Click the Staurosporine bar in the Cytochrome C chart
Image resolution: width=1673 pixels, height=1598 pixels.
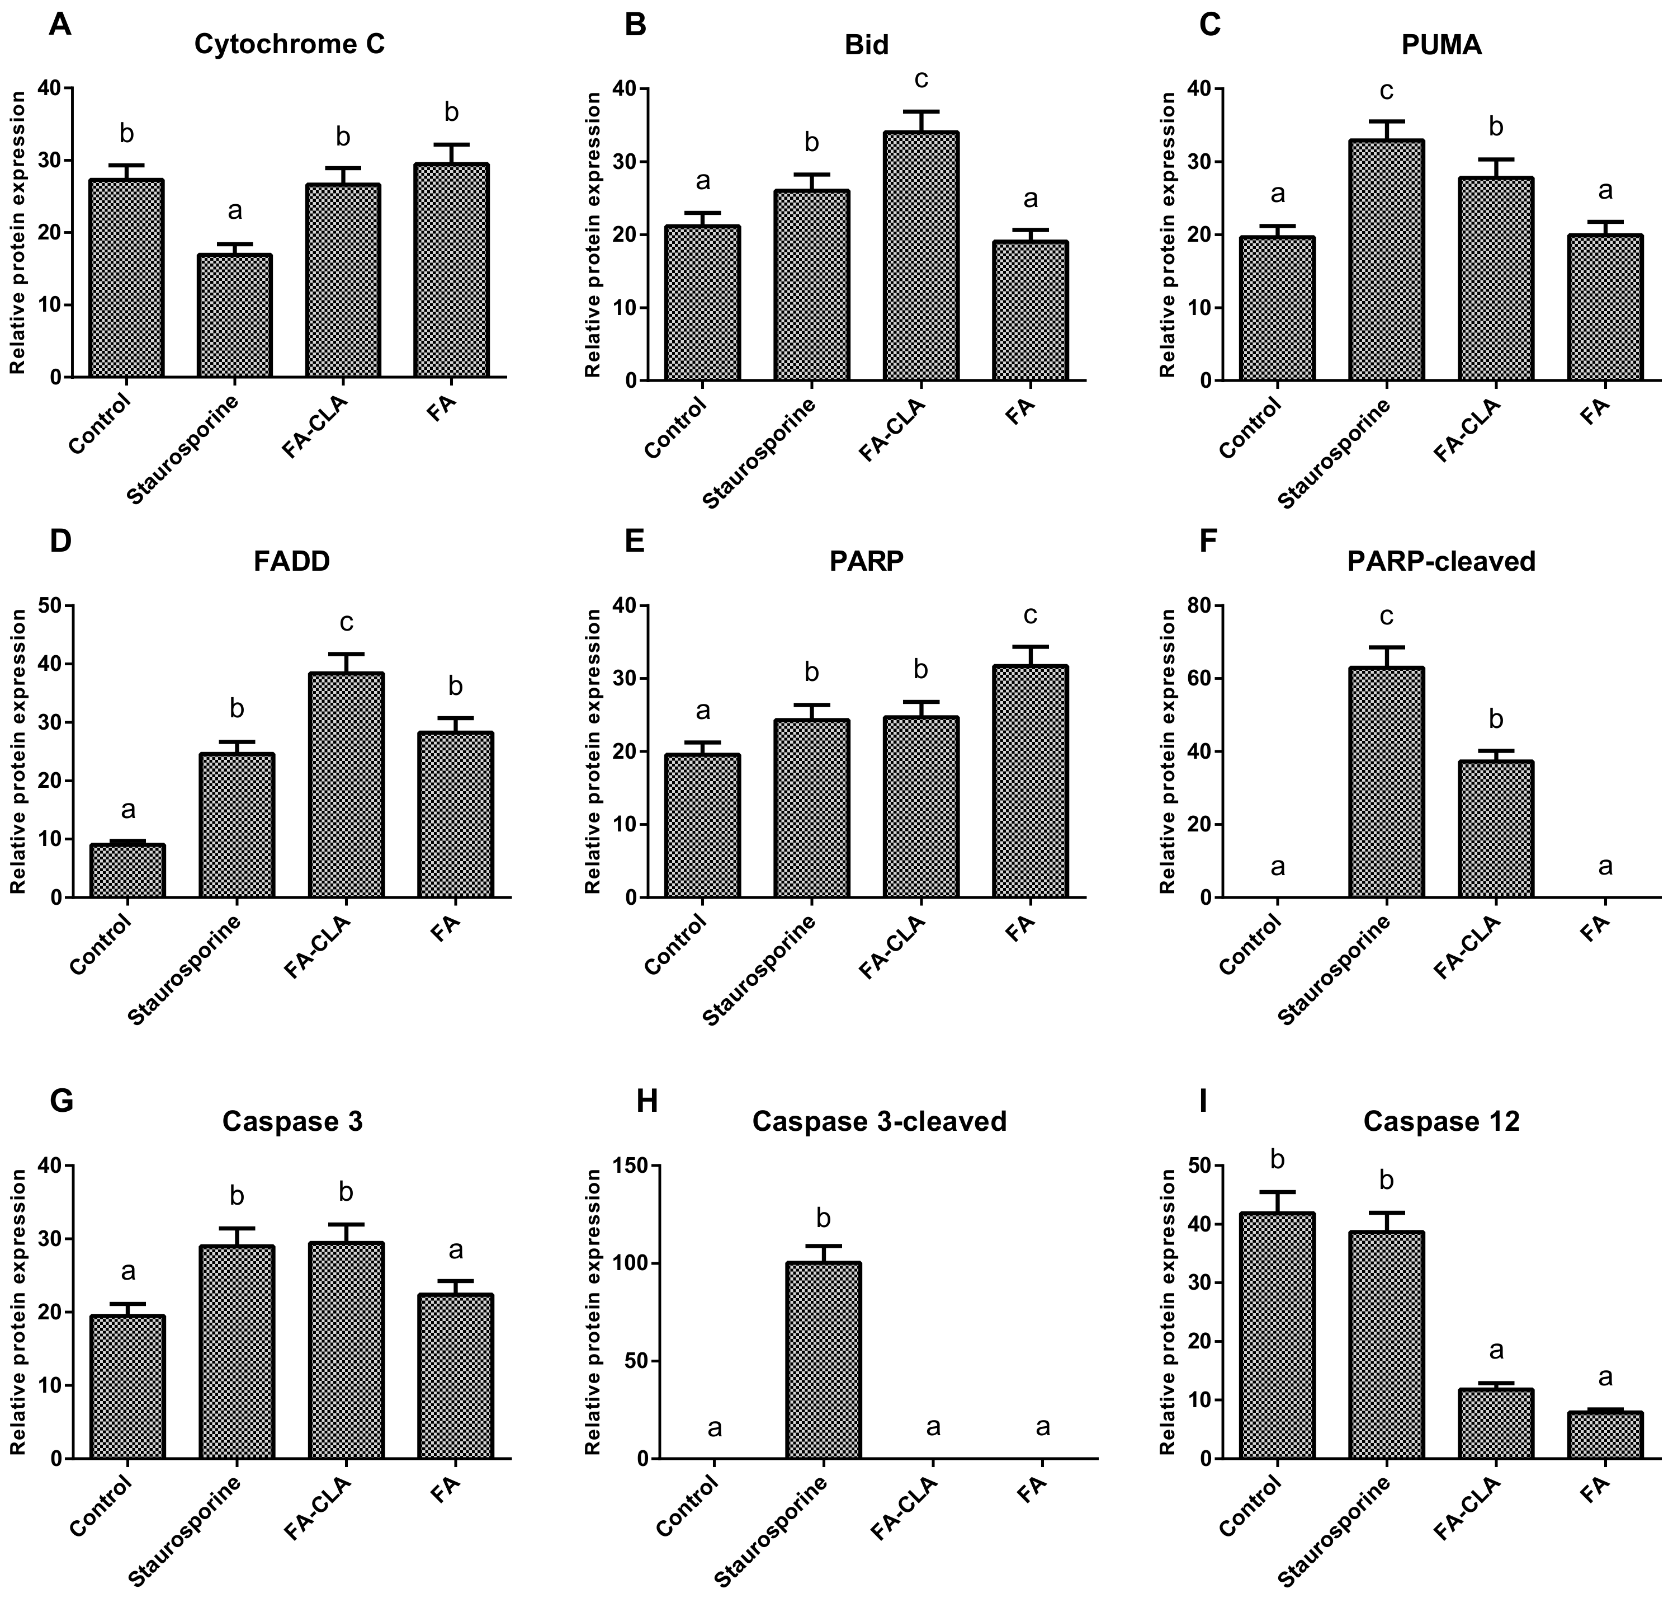[x=235, y=315]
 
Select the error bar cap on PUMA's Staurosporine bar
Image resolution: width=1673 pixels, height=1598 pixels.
[x=1387, y=121]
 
